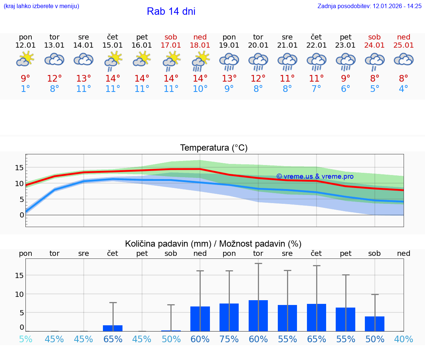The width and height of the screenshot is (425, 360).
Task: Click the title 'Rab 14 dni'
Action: point(171,11)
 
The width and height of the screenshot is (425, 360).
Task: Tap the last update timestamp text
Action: point(369,6)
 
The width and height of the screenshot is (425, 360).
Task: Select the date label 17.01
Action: point(171,45)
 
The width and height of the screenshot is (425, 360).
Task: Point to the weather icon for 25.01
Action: point(404,59)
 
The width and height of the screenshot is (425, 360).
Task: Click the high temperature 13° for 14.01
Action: point(84,79)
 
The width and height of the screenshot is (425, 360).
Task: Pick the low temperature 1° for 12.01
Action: point(25,89)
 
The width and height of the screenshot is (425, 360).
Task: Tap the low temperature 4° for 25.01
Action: point(404,89)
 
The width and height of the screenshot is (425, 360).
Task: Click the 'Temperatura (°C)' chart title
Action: point(214,148)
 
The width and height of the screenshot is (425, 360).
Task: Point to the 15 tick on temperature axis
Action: point(19,168)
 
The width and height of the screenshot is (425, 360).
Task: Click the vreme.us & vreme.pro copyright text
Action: point(315,176)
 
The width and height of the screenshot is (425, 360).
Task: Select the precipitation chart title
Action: point(213,244)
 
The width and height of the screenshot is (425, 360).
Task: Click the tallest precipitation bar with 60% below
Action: point(258,316)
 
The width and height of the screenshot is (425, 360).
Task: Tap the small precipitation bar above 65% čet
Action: point(113,328)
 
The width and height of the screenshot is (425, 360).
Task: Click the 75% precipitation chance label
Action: point(229,339)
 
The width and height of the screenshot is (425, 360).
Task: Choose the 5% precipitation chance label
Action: point(25,339)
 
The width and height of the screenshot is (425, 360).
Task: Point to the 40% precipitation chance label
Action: point(404,339)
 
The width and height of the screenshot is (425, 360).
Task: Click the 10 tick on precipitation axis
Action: point(19,294)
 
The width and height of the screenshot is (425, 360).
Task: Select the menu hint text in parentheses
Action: point(41,6)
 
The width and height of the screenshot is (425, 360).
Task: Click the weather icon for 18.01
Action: point(200,61)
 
